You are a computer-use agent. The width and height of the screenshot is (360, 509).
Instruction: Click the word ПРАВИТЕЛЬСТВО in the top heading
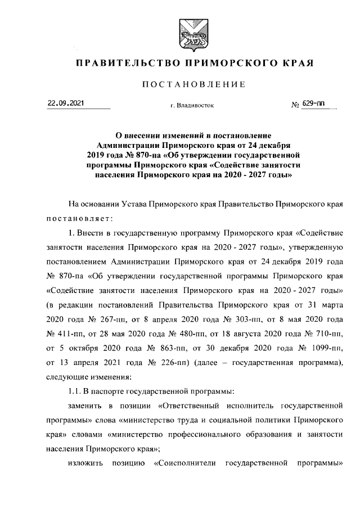tap(123, 61)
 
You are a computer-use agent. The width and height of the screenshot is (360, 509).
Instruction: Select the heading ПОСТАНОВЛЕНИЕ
tap(193, 84)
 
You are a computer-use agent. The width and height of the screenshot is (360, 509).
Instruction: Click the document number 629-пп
tap(313, 103)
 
